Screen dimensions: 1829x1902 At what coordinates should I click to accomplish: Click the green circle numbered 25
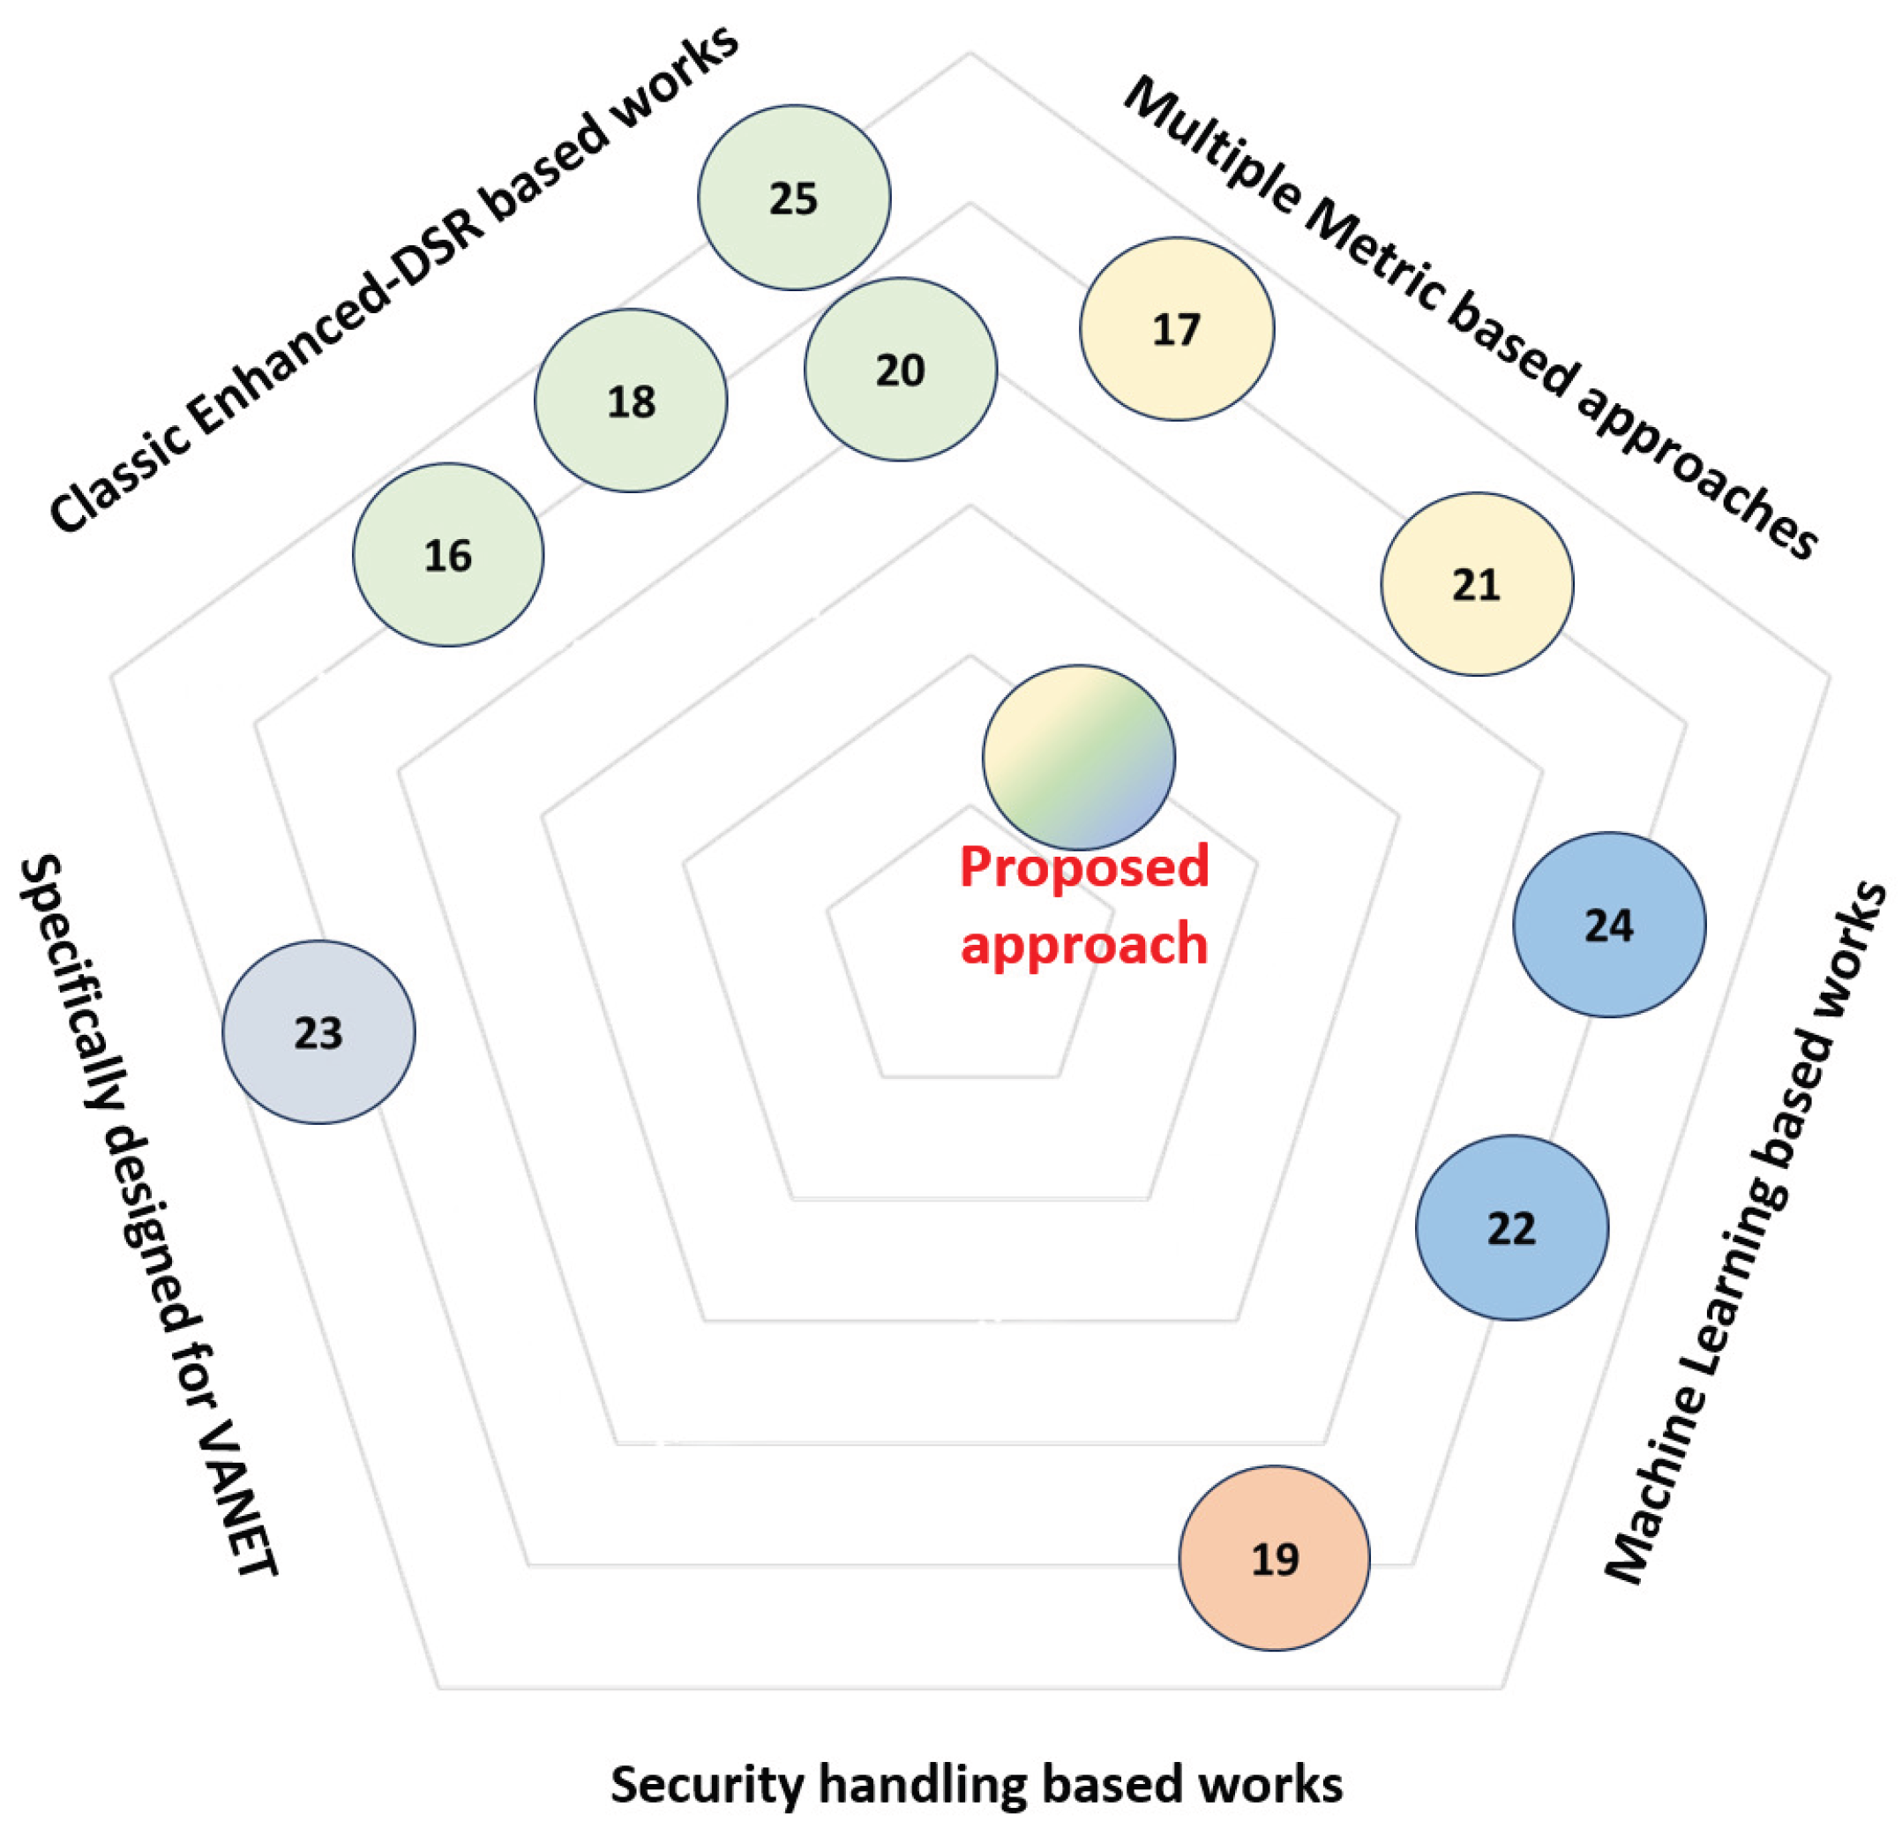point(794,198)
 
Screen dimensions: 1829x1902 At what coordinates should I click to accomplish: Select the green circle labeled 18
point(631,401)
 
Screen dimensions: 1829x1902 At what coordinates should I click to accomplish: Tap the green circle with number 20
point(901,370)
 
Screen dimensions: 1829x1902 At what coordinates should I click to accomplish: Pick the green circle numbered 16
point(448,555)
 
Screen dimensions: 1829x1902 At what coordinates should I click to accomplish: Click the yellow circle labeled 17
point(1177,329)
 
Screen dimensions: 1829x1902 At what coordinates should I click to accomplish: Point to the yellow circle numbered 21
point(1477,584)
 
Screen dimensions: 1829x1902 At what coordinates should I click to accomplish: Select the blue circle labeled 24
point(1609,925)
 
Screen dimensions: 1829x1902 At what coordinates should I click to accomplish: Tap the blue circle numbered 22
point(1511,1228)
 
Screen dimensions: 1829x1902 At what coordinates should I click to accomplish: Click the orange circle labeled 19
point(1274,1559)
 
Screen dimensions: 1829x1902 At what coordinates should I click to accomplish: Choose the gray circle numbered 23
point(318,1032)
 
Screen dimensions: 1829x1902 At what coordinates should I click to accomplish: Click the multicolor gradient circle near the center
point(1078,757)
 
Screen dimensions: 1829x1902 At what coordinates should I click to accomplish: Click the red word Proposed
point(1084,866)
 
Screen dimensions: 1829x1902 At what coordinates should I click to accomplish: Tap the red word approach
point(1084,943)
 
